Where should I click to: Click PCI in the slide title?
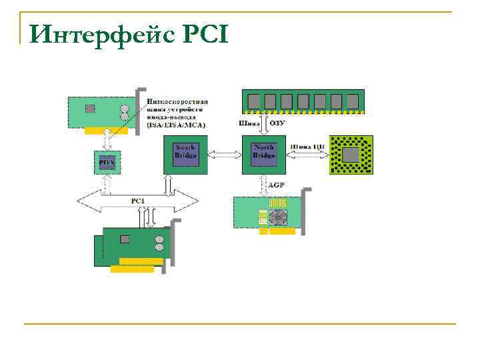(x=203, y=33)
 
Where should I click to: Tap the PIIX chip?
(x=106, y=161)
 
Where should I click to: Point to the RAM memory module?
(x=299, y=101)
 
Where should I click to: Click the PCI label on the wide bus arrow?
(x=137, y=199)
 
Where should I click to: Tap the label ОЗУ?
(x=280, y=123)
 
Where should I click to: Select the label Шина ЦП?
(x=307, y=147)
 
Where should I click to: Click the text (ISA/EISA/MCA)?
(x=176, y=125)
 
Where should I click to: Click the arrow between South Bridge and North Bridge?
(x=224, y=154)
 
